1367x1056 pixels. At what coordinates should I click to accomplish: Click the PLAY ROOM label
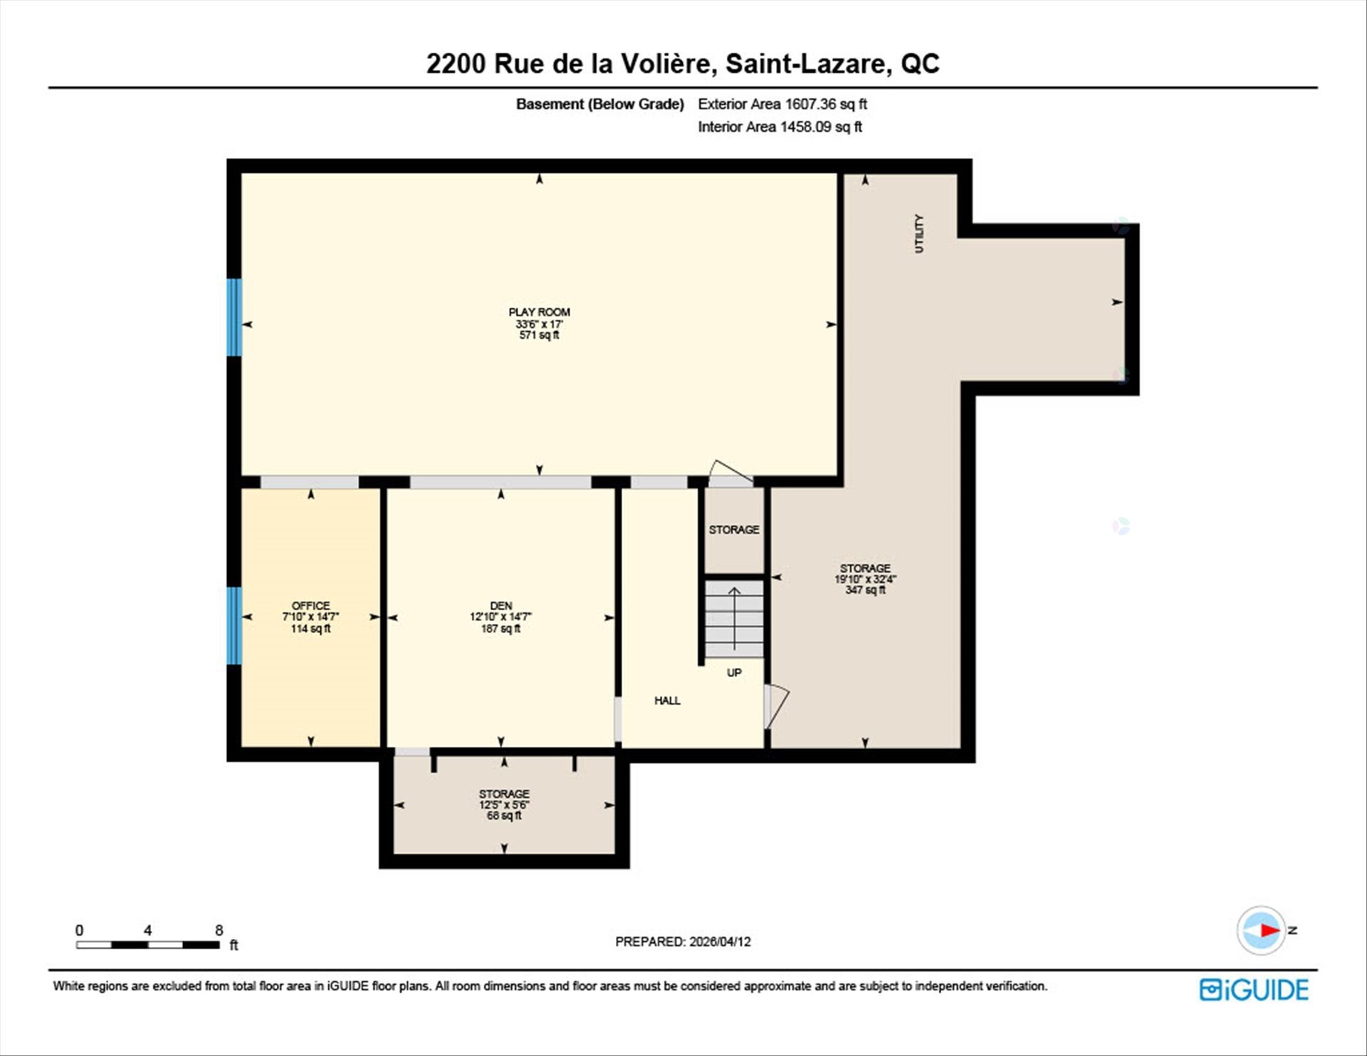(539, 312)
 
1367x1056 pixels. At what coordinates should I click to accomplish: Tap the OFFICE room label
(310, 605)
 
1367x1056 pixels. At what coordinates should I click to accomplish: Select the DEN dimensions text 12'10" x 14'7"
(501, 617)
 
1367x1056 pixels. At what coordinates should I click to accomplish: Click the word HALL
(667, 701)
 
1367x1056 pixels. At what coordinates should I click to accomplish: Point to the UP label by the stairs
(734, 673)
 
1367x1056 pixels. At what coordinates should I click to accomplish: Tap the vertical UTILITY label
(918, 234)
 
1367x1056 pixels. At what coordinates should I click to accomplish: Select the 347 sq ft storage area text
(865, 590)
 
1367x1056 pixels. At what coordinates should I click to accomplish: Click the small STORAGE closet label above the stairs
(733, 530)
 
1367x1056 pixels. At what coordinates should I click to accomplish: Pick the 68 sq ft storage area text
(503, 816)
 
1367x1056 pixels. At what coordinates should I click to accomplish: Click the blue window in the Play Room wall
(234, 317)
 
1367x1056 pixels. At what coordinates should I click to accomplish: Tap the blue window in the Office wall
(234, 625)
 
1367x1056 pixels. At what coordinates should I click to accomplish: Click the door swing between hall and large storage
(777, 706)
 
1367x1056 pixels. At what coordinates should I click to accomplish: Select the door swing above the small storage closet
(730, 474)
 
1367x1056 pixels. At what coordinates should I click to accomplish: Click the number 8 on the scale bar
(219, 930)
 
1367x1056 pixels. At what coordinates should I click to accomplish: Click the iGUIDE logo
(1253, 990)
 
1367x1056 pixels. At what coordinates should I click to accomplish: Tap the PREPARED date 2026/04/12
(719, 941)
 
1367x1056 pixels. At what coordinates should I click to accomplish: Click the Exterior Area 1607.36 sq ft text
(782, 104)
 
